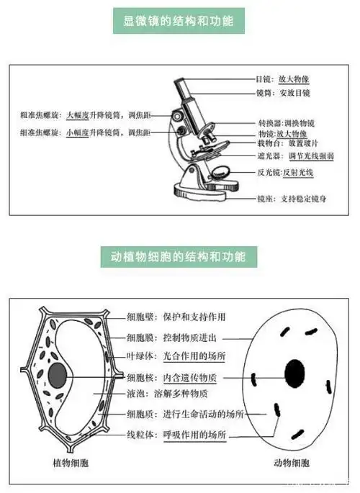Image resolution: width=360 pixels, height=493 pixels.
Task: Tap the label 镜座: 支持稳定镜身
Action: (x=291, y=198)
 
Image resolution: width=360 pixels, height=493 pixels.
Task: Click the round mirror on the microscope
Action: (x=221, y=173)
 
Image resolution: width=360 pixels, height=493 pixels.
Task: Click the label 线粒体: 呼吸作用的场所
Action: (x=176, y=435)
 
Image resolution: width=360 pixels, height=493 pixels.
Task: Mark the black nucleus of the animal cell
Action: (x=294, y=372)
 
